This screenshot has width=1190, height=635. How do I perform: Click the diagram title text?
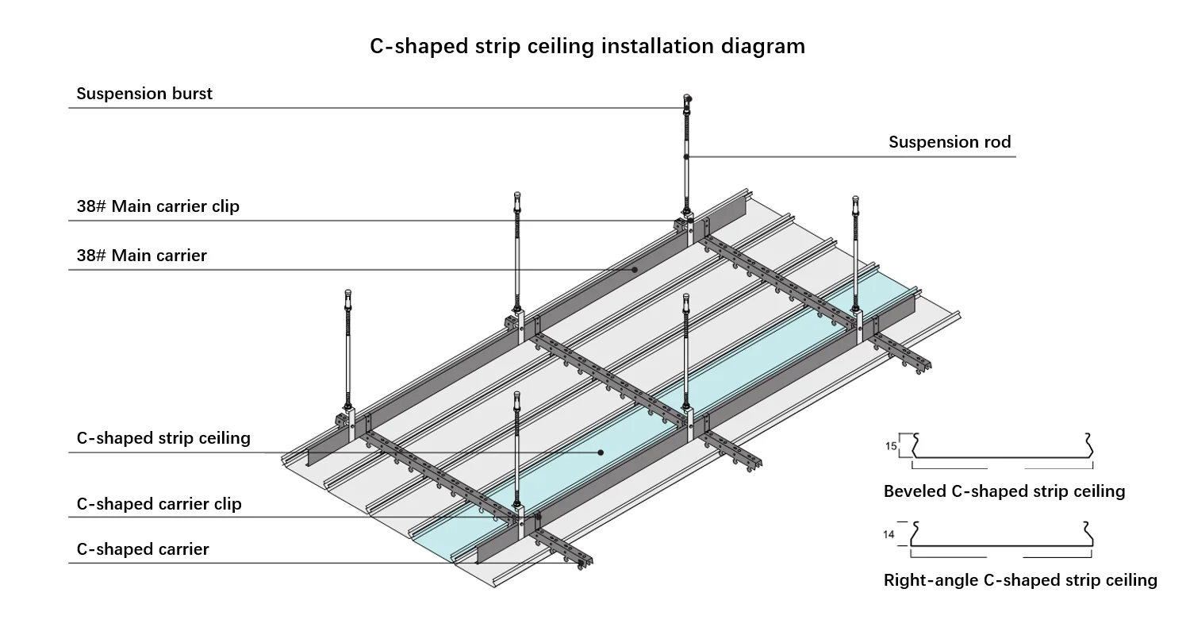click(x=587, y=46)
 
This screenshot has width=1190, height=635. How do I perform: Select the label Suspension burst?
click(x=144, y=94)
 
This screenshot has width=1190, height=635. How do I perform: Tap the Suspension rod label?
click(x=950, y=142)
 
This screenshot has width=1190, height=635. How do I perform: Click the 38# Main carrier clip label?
click(x=158, y=206)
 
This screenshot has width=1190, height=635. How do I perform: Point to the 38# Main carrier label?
click(x=141, y=256)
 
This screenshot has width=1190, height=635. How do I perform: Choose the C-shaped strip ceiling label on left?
click(x=163, y=438)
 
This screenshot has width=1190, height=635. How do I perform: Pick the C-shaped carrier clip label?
click(x=159, y=504)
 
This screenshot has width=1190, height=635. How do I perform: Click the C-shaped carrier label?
click(x=143, y=549)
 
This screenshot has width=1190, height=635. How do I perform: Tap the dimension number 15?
click(x=891, y=447)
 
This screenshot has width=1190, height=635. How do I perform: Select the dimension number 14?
click(x=889, y=535)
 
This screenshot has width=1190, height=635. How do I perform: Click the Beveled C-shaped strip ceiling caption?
click(x=1004, y=491)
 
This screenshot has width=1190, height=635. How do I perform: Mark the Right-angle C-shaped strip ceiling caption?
click(x=1020, y=580)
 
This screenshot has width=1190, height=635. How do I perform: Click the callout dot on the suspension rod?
click(x=687, y=156)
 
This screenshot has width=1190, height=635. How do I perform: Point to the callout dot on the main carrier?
click(x=635, y=270)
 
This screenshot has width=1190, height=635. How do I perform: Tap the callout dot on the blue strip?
click(x=601, y=452)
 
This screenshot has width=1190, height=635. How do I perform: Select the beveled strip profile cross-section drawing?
click(x=1003, y=451)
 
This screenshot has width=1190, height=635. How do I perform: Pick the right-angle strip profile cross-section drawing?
click(x=1003, y=538)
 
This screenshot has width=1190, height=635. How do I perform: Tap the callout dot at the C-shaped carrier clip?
click(x=538, y=518)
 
